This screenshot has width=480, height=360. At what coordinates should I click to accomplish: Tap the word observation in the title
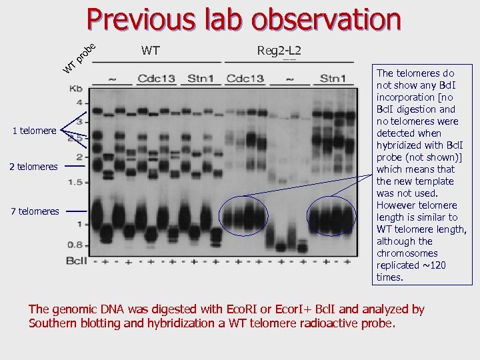click(x=327, y=19)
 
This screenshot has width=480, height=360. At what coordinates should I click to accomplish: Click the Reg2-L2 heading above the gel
click(x=279, y=50)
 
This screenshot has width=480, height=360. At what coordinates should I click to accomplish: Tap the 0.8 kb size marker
click(x=76, y=244)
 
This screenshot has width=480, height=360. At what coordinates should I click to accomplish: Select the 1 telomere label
click(x=34, y=131)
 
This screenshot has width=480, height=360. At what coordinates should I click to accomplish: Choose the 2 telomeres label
click(x=33, y=166)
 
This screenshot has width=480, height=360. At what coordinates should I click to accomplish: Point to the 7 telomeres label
click(x=34, y=211)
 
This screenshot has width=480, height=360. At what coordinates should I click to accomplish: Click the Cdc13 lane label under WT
click(x=156, y=79)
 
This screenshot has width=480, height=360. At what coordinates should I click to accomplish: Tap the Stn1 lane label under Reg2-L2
click(x=333, y=79)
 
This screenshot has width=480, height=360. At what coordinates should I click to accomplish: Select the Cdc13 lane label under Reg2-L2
click(x=245, y=79)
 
